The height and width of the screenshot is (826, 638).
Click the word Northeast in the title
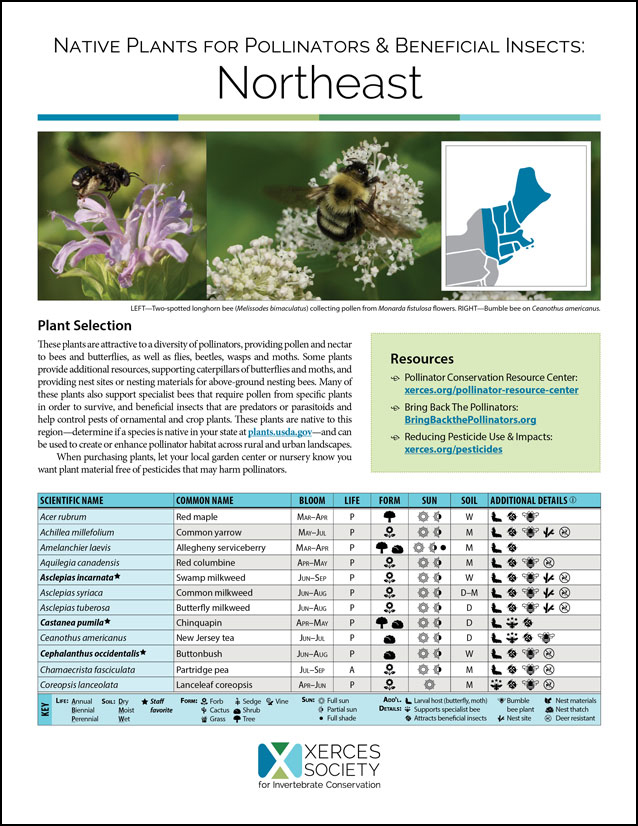pyautogui.click(x=318, y=79)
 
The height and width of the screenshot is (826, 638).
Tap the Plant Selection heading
pyautogui.click(x=84, y=326)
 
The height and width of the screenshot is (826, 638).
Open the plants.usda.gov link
pyautogui.click(x=286, y=431)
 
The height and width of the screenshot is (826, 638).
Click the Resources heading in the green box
pyautogui.click(x=422, y=359)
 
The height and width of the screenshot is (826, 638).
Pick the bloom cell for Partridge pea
pyautogui.click(x=312, y=668)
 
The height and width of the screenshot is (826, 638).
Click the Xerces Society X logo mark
pyautogui.click(x=274, y=765)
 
